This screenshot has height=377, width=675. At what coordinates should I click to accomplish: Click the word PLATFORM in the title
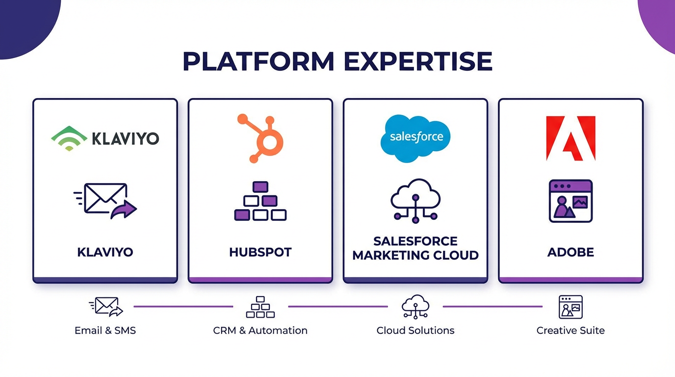point(258,62)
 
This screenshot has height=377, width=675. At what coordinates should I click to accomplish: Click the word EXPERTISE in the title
point(417,62)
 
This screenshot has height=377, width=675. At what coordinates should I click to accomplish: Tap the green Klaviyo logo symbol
point(69,138)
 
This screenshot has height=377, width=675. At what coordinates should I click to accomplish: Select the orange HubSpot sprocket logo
point(261,138)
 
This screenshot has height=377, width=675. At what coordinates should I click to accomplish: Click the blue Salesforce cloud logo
point(415,138)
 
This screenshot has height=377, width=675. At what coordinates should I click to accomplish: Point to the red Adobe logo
point(571,138)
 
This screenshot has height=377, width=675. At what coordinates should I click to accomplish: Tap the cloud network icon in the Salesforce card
point(415,201)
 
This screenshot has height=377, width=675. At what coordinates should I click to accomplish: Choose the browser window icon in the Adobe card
point(571,201)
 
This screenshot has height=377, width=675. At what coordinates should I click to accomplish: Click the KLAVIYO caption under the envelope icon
point(105,252)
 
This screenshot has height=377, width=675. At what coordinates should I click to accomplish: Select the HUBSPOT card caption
point(260,252)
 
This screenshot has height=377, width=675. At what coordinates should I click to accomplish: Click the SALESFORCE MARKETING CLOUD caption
point(415,248)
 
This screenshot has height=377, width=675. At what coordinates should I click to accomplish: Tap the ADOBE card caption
point(571,252)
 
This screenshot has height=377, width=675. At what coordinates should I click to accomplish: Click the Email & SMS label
point(105,330)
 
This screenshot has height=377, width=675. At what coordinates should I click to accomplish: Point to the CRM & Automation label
point(260,330)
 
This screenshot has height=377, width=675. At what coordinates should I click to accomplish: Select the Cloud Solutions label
point(415,330)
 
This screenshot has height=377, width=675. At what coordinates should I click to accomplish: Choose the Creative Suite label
point(571,330)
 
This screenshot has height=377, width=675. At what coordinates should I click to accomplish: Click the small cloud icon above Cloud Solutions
point(415,307)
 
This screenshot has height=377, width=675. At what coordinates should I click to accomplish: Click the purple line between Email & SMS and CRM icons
point(183,307)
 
